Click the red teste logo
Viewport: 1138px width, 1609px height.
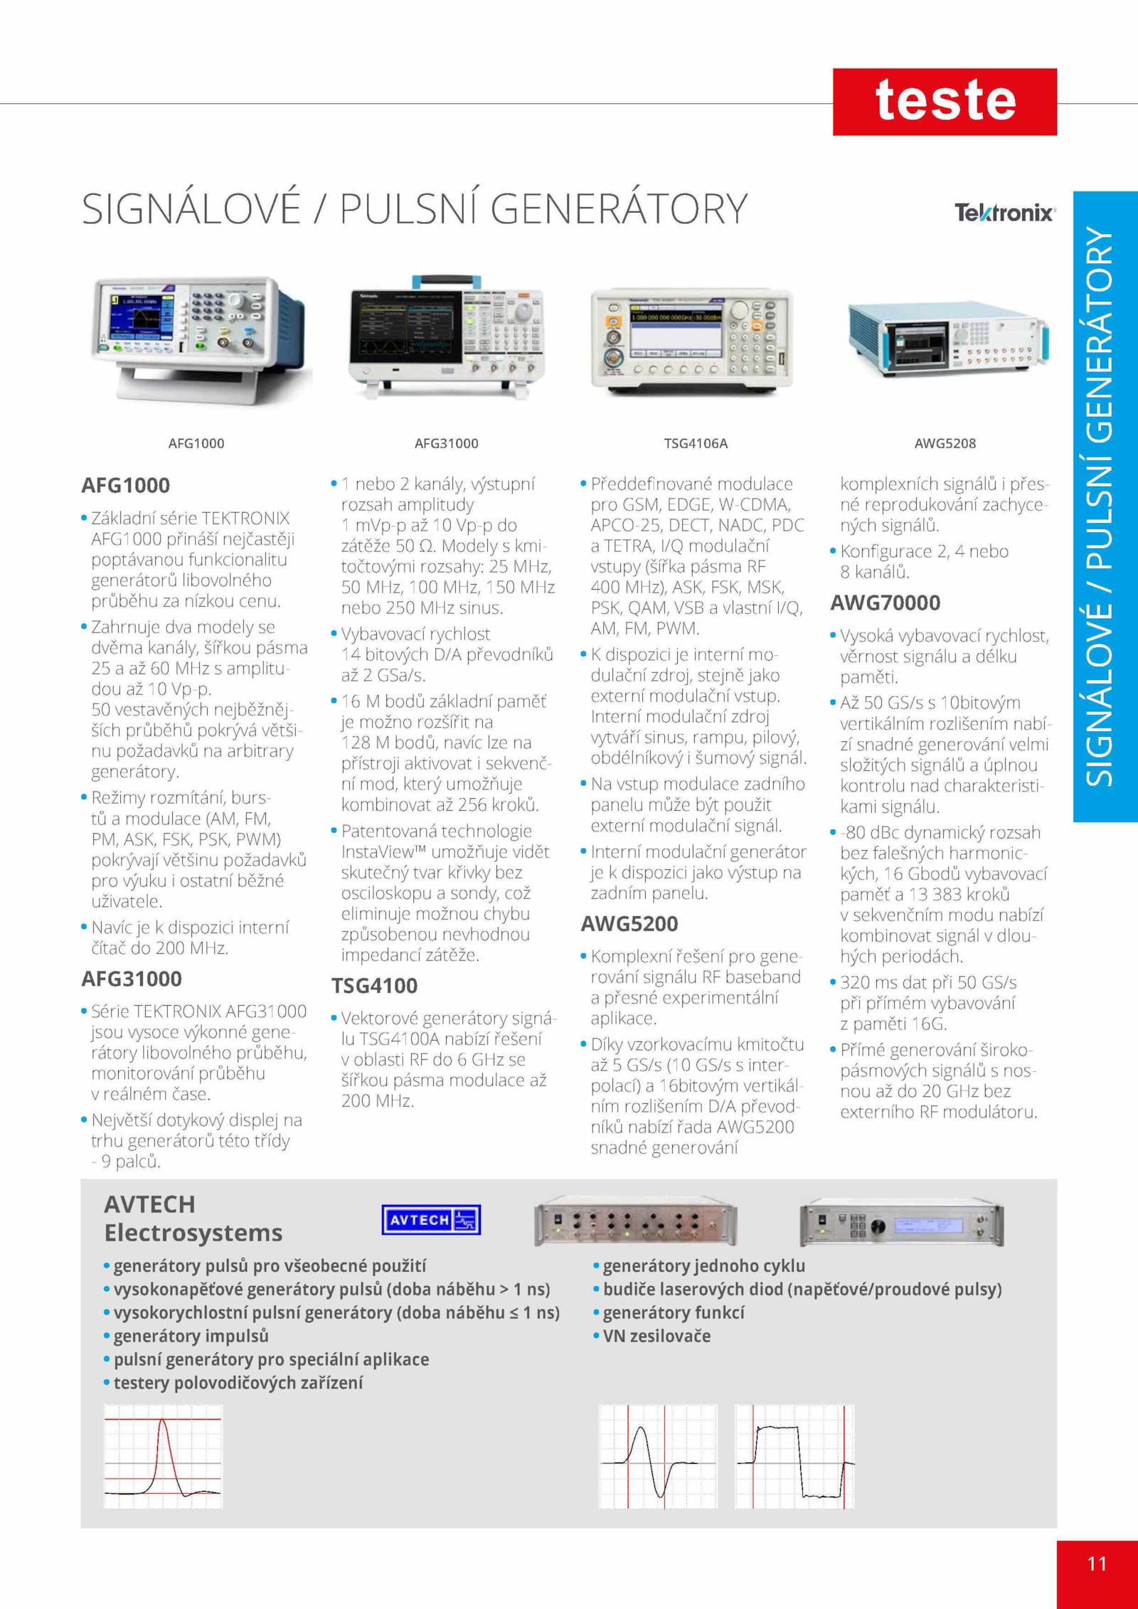(945, 102)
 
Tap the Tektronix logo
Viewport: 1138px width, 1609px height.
(1005, 213)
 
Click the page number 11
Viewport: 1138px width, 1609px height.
(1097, 1563)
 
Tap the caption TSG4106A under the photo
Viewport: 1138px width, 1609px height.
(696, 443)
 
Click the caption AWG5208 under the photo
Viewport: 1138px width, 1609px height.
(945, 443)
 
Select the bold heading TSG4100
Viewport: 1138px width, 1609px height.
(374, 986)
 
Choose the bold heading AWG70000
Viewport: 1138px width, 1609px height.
(885, 602)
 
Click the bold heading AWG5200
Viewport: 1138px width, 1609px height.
(629, 924)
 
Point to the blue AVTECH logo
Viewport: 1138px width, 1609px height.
(431, 1220)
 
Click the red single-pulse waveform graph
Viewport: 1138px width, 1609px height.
(163, 1456)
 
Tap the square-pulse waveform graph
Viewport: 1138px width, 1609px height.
(794, 1456)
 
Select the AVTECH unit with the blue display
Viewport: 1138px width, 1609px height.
(902, 1223)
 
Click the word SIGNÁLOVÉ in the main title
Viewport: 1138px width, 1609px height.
(191, 208)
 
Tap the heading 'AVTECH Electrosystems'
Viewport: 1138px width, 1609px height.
(193, 1218)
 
